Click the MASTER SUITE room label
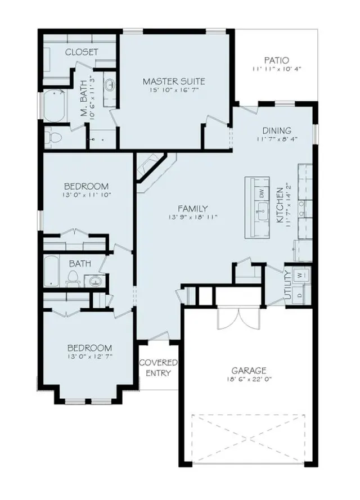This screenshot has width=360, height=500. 174,82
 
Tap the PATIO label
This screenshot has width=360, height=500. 276,60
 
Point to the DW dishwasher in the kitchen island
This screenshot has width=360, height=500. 262,193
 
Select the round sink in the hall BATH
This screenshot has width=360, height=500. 96,281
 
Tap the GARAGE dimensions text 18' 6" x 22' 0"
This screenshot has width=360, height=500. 249,379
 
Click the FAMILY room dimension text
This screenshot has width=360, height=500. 193,217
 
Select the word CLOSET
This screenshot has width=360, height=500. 82,52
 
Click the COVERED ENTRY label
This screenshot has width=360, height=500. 158,368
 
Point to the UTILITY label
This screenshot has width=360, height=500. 288,285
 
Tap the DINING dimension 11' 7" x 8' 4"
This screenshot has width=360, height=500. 276,139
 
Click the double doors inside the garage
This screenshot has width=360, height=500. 238,318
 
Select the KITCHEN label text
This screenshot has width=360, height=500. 280,205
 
